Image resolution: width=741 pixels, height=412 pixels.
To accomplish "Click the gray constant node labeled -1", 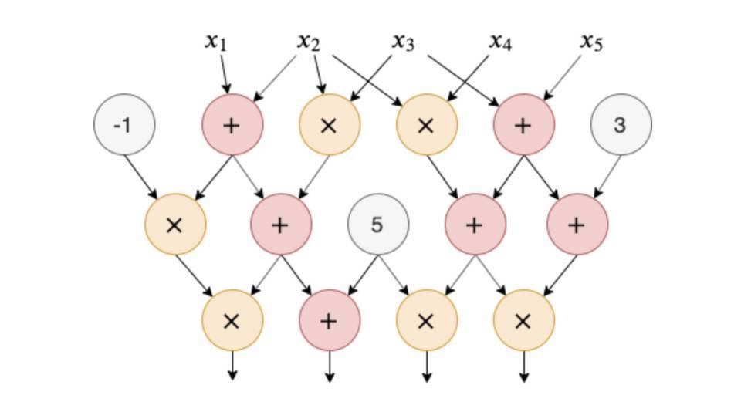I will point(124,124).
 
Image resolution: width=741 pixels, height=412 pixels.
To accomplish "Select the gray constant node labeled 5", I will point(377,225).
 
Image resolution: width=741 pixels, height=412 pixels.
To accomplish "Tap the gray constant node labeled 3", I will point(621,124).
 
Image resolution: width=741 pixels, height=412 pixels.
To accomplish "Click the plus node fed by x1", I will point(232,125).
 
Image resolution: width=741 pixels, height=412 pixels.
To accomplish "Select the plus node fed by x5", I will point(523,125).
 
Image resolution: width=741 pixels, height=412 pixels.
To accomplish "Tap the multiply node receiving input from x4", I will point(426,125).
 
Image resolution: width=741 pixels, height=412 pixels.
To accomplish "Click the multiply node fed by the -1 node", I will point(175,225).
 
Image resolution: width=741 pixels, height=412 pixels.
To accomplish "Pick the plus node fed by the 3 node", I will point(577,225).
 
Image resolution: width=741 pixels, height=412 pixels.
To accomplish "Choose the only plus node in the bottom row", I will point(329,320).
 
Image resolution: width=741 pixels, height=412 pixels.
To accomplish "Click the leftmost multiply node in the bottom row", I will point(232,320).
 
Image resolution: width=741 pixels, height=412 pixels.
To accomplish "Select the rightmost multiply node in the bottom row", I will point(523,320).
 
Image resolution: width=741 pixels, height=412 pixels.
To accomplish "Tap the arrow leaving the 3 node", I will point(606,175).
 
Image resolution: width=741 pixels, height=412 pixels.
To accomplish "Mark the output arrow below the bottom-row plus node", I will point(329,366).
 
